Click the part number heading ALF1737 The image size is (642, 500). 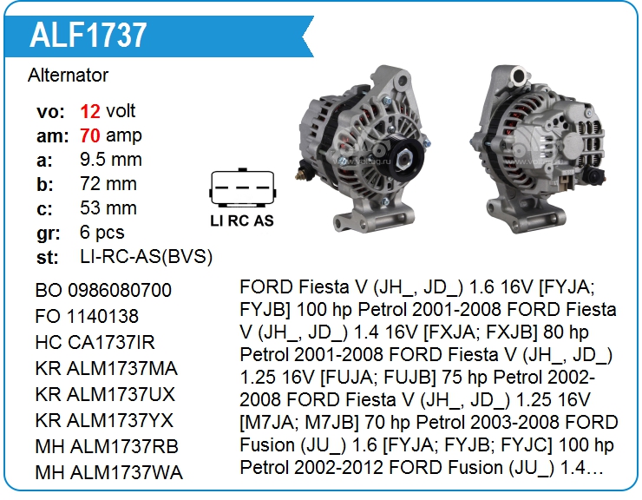click(x=88, y=36)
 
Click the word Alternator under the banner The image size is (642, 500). click(x=68, y=75)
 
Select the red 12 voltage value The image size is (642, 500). click(x=90, y=111)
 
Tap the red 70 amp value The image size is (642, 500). click(x=90, y=135)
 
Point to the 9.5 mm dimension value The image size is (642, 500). click(x=111, y=160)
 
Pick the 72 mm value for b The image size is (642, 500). click(x=108, y=184)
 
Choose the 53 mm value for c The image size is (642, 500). click(x=108, y=207)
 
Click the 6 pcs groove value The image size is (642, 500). click(x=102, y=233)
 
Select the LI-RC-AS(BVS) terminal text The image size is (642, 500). click(x=146, y=257)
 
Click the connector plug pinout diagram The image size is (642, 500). click(x=242, y=187)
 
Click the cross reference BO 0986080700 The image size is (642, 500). click(x=103, y=290)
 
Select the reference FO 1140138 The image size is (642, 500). click(x=87, y=316)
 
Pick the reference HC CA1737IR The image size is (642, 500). click(x=95, y=343)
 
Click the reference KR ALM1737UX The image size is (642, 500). click(x=105, y=395)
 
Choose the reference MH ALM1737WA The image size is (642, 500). click(x=109, y=472)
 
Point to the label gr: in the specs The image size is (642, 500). click(x=49, y=234)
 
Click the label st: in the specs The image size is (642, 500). click(x=47, y=258)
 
